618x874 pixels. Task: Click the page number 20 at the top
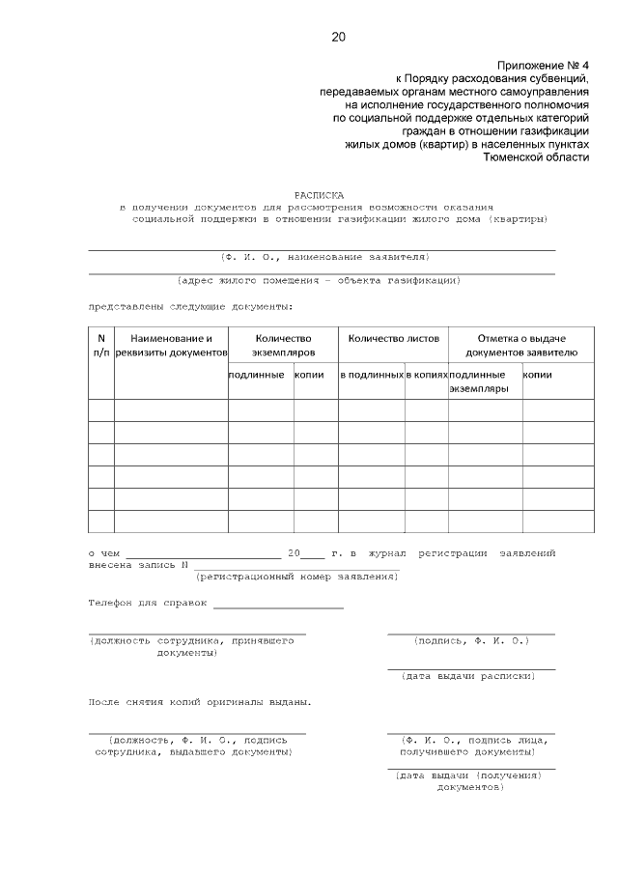[338, 38]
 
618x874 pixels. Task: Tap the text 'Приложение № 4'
[544, 61]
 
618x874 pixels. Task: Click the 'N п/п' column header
[101, 346]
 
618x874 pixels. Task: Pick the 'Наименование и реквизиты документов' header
[171, 346]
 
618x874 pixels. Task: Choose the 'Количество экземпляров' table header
[283, 346]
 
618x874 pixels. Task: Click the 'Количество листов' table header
[393, 339]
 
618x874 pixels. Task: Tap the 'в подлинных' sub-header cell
[371, 374]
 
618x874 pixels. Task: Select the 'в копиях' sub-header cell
[426, 374]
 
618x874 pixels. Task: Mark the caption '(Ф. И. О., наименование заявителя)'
[323, 257]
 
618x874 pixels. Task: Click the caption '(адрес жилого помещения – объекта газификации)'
[318, 281]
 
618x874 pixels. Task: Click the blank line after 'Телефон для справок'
[278, 606]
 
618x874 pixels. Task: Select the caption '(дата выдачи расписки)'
[467, 676]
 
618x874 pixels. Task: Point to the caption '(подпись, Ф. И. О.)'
[470, 640]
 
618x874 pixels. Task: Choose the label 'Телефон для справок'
[148, 603]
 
